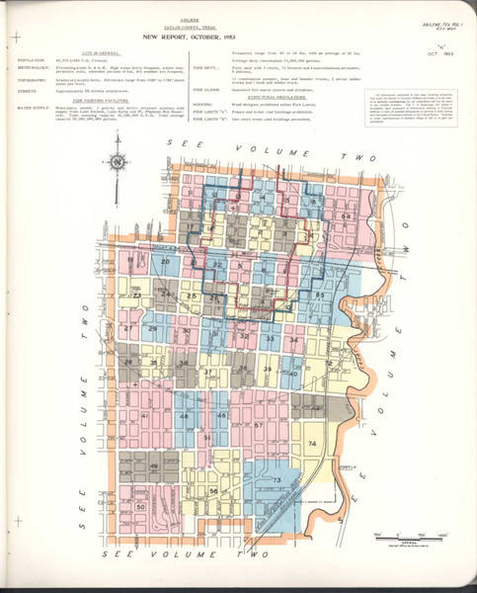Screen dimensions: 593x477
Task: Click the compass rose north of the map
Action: pos(118,162)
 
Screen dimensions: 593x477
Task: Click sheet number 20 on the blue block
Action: pos(166,259)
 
